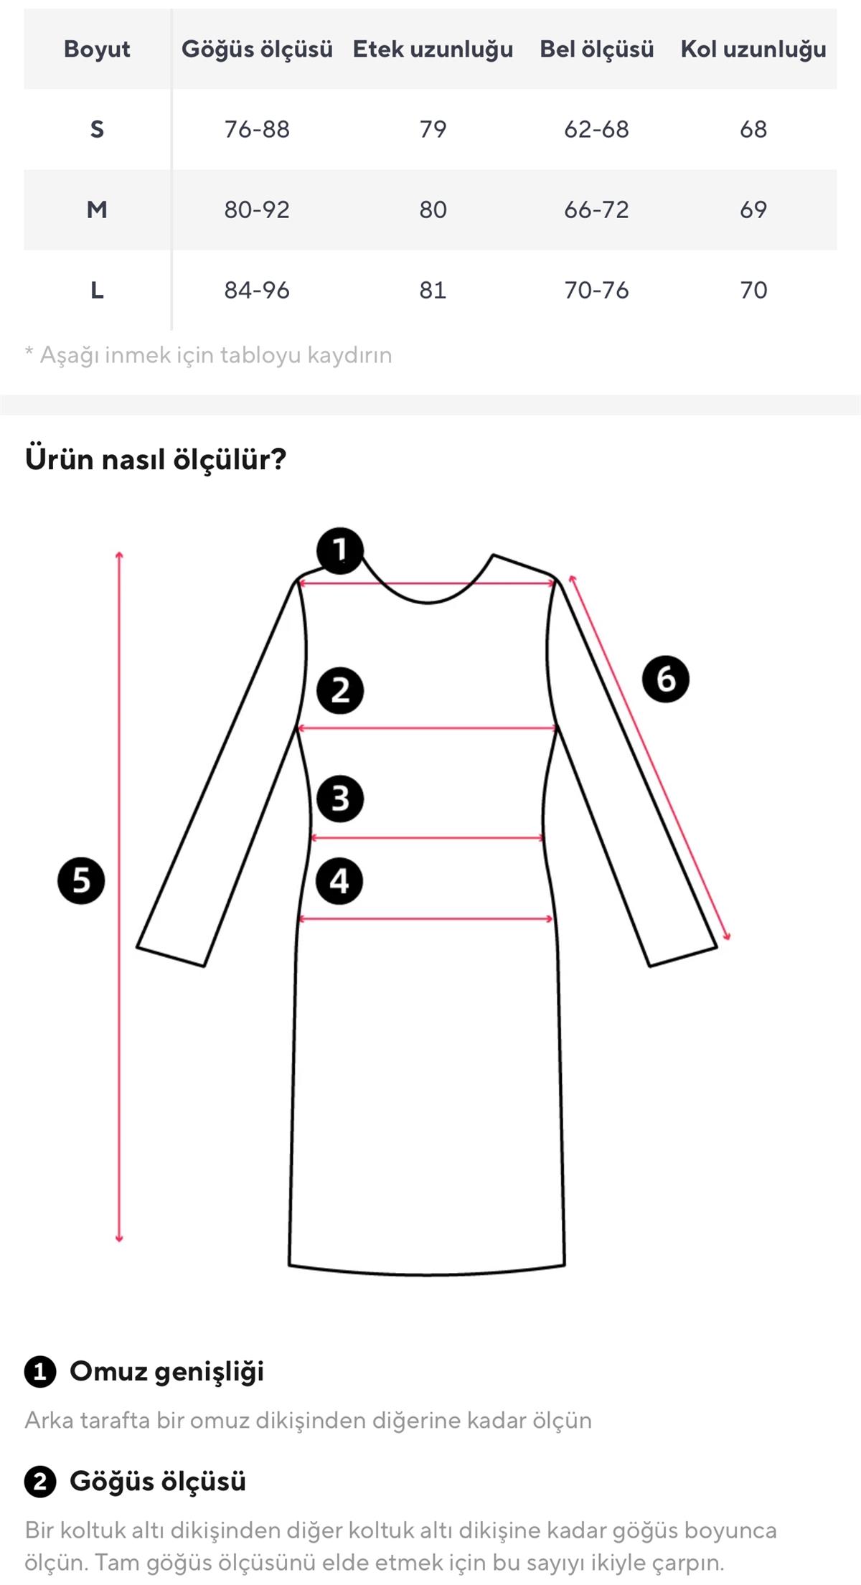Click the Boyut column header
point(97,49)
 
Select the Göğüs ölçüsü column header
point(257,49)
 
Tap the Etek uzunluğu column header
point(433,49)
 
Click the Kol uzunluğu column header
point(753,49)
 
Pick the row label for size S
point(97,129)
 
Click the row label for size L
point(97,290)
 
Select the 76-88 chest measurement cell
point(257,129)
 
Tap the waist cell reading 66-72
point(596,210)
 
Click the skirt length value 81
point(433,290)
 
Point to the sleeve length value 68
point(753,129)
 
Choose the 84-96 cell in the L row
point(257,290)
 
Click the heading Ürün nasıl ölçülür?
point(156,458)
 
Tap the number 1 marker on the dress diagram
point(340,550)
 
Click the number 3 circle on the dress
point(340,798)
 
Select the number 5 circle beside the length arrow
point(81,880)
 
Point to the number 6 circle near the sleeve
point(666,678)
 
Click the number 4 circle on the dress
point(340,880)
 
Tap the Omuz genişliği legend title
point(167,1371)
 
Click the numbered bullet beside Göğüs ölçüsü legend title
point(40,1482)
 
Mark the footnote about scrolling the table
point(209,354)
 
